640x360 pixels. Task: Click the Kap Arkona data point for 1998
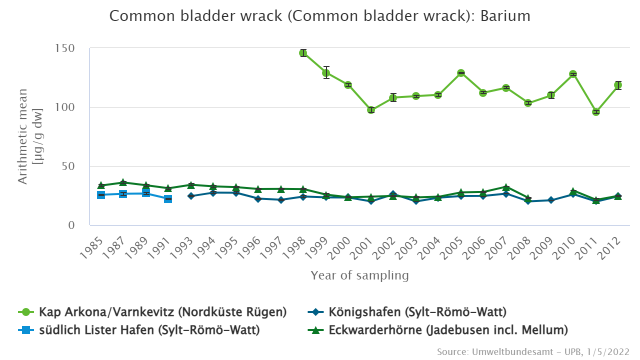(303, 53)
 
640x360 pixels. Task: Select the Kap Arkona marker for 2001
(371, 110)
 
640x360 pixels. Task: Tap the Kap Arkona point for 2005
(461, 73)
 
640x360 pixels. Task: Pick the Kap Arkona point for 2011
(596, 112)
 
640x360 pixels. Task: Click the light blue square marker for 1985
(101, 195)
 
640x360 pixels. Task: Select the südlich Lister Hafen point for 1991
(168, 199)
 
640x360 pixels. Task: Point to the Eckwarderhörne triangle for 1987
(123, 182)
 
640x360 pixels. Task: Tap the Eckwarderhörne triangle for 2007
(506, 187)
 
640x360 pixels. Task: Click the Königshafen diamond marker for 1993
(191, 196)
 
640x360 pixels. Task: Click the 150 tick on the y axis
(65, 48)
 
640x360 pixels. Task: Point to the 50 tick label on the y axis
(68, 166)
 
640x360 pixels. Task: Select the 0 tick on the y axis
(71, 225)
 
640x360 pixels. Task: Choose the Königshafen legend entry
(417, 312)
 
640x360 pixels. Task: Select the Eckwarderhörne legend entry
(448, 330)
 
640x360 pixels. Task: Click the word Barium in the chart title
(505, 16)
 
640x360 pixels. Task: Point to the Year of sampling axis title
(359, 275)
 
